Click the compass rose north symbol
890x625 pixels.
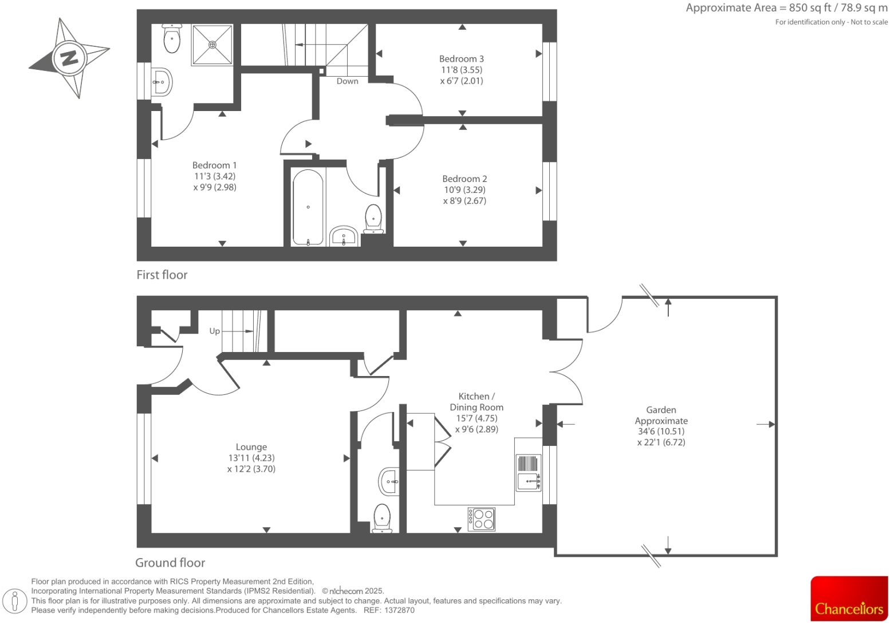[x=69, y=58]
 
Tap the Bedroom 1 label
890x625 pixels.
[x=214, y=165]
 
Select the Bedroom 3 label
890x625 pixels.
[x=461, y=59]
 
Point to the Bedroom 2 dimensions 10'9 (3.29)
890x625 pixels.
[x=464, y=190]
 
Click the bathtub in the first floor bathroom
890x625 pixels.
[x=308, y=207]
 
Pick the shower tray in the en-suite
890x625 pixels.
[x=212, y=45]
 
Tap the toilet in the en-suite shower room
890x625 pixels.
[x=172, y=39]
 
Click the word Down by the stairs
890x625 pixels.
[x=347, y=81]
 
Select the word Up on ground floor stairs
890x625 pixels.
[x=214, y=331]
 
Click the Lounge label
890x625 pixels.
[x=251, y=447]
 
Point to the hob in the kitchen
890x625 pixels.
[x=481, y=519]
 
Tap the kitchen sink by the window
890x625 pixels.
[x=529, y=473]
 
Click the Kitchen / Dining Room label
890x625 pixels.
[x=476, y=402]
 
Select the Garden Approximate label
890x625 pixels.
[x=661, y=416]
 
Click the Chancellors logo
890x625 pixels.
[x=849, y=599]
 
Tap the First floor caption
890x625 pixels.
[x=162, y=275]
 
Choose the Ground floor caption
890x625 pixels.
[x=170, y=563]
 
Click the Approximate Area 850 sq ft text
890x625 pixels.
[x=786, y=8]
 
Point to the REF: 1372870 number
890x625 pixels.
[x=389, y=610]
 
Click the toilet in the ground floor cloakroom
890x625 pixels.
[x=382, y=518]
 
